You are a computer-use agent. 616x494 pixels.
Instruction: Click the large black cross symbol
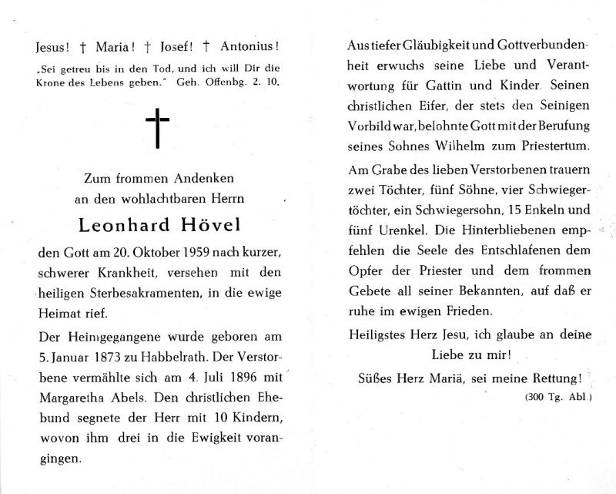click(157, 129)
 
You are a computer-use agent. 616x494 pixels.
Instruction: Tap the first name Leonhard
click(122, 226)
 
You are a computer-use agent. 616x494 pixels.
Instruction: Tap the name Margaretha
click(66, 396)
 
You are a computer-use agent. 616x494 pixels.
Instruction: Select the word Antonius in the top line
click(248, 46)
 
